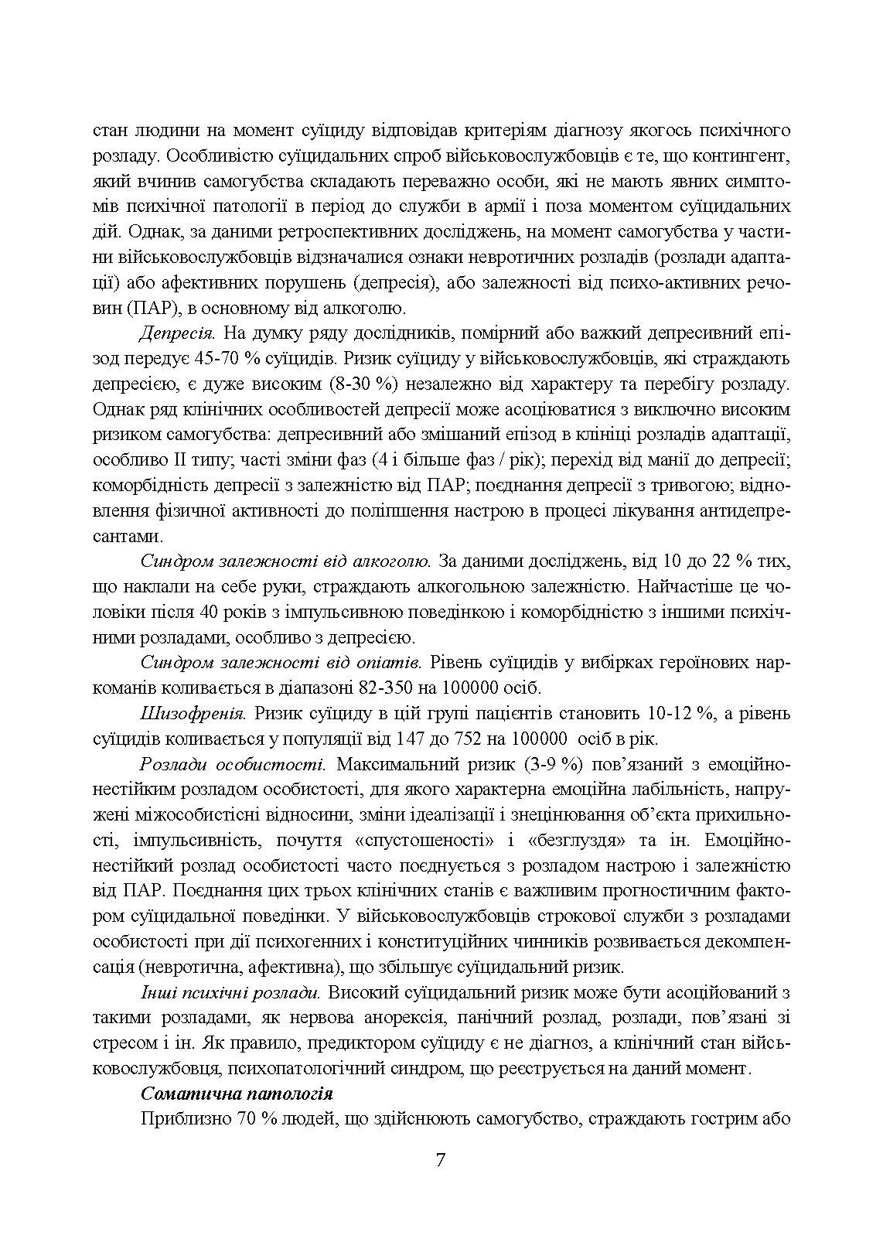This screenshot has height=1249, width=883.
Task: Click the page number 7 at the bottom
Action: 440,1160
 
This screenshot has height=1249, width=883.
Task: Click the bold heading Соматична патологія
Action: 237,1094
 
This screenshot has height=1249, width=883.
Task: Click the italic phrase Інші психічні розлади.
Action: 230,992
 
